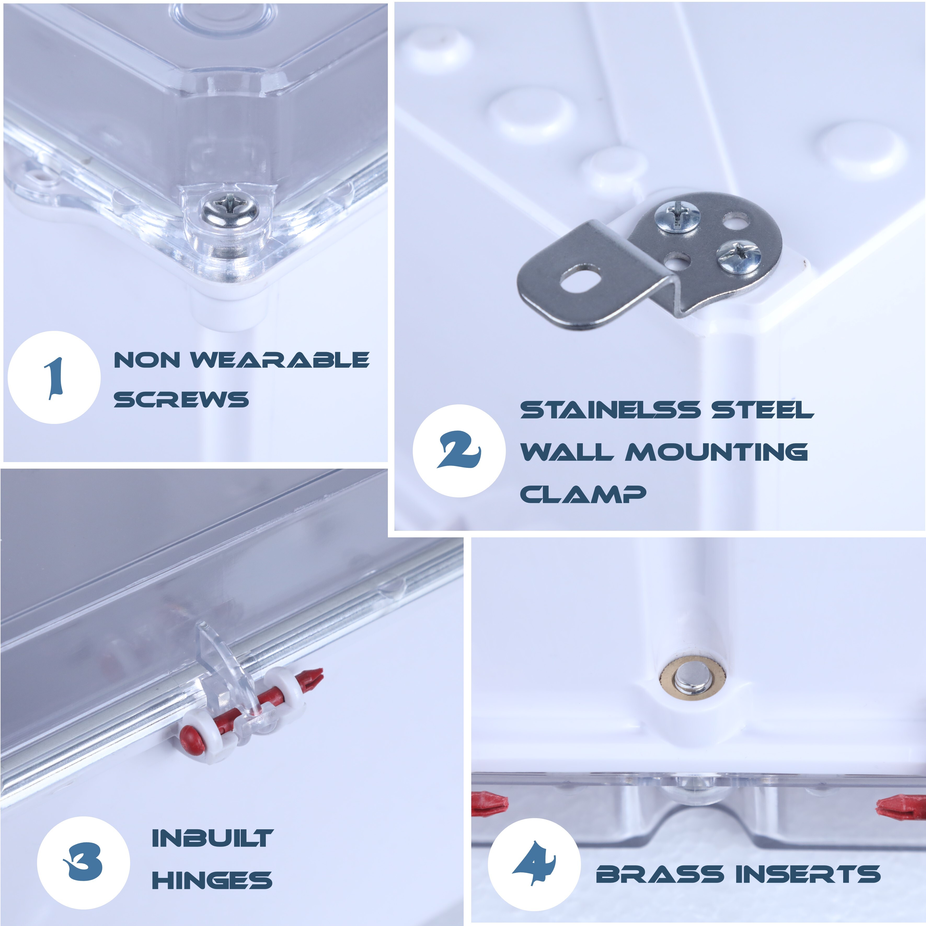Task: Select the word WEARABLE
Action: coord(280,360)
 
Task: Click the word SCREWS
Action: coord(181,399)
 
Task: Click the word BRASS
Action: coord(659,874)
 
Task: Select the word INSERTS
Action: coord(808,874)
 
